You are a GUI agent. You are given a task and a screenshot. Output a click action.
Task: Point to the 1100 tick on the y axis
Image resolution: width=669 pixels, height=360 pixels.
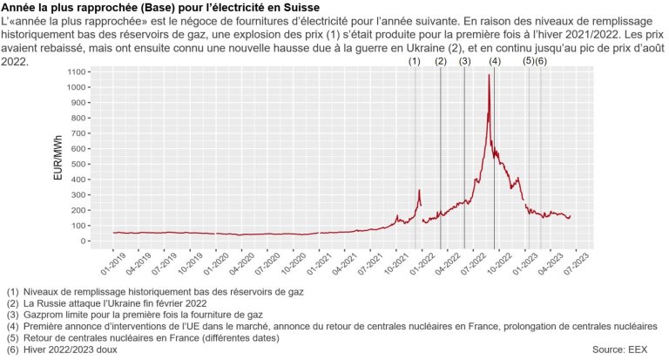pyautogui.click(x=77, y=71)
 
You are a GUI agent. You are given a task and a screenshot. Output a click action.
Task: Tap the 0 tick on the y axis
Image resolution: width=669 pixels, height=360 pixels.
pyautogui.click(x=83, y=241)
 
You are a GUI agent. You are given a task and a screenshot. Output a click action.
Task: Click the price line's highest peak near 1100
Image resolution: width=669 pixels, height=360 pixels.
pyautogui.click(x=489, y=75)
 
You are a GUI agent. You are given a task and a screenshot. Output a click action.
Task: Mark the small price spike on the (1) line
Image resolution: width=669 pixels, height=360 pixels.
pyautogui.click(x=419, y=191)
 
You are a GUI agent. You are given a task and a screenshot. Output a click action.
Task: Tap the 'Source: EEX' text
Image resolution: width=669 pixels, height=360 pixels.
pyautogui.click(x=621, y=350)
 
